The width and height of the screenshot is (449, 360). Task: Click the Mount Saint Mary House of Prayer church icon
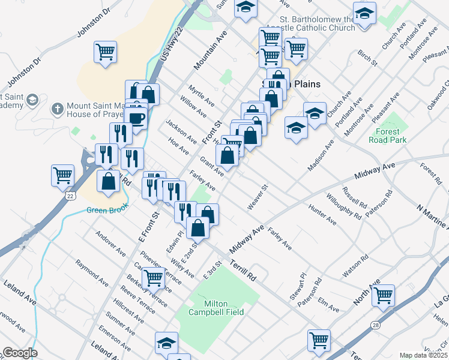pyautogui.click(x=57, y=109)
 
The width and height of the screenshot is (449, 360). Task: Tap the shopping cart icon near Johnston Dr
pyautogui.click(x=105, y=52)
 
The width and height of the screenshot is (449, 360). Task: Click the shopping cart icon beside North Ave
pyautogui.click(x=382, y=295)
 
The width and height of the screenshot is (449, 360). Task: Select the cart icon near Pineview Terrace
pyautogui.click(x=154, y=277)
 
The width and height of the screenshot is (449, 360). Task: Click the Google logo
pyautogui.click(x=20, y=353)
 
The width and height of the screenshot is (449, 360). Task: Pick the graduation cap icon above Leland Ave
pyautogui.click(x=167, y=343)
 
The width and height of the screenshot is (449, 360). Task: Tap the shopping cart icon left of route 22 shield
pyautogui.click(x=62, y=175)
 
